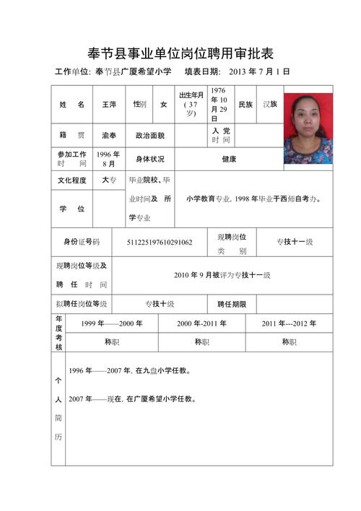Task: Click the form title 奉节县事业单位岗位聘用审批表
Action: coord(180,53)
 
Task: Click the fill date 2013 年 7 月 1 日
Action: coord(258,72)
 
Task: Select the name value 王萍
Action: coord(109,105)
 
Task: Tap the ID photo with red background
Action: coord(308,128)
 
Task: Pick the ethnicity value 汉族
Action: coord(270,105)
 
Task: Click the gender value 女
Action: coord(163,105)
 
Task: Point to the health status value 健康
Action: coord(229,159)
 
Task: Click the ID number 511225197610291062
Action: coord(159,242)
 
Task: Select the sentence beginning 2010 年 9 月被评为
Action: coord(222,275)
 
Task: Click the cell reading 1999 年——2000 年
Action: coord(111,323)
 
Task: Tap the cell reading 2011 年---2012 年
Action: coord(289,323)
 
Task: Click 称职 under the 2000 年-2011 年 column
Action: coord(201,342)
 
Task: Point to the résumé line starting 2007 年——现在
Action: coord(132,398)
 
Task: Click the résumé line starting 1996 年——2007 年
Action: coord(129,371)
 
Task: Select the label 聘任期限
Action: coord(232,304)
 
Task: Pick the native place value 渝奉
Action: coord(109,135)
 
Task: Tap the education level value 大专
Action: coord(109,180)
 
